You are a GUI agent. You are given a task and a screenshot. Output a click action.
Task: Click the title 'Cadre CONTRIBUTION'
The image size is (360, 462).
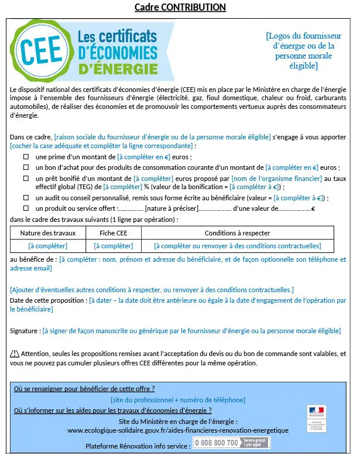[180, 7]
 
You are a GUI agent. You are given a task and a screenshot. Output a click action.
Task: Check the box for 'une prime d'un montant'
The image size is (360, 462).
[26, 158]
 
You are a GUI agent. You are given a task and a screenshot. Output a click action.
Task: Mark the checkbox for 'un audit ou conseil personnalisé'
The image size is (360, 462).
[26, 198]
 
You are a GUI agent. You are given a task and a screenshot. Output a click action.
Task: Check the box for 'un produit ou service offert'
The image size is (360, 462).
[26, 208]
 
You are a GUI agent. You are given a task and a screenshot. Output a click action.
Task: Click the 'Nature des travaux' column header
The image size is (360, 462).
[48, 233]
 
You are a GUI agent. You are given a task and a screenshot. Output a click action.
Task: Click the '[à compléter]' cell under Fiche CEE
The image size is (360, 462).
[113, 246]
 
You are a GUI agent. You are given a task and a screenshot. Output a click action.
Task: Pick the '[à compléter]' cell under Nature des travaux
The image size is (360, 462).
[48, 246]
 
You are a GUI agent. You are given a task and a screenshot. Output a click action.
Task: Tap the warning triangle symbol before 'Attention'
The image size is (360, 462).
[15, 354]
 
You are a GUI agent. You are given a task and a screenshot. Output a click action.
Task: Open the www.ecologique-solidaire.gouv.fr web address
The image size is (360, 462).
[177, 430]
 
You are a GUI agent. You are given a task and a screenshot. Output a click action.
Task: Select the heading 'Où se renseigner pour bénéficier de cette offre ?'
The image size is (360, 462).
[84, 388]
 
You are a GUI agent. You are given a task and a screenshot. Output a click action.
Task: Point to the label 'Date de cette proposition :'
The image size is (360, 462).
[49, 300]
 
